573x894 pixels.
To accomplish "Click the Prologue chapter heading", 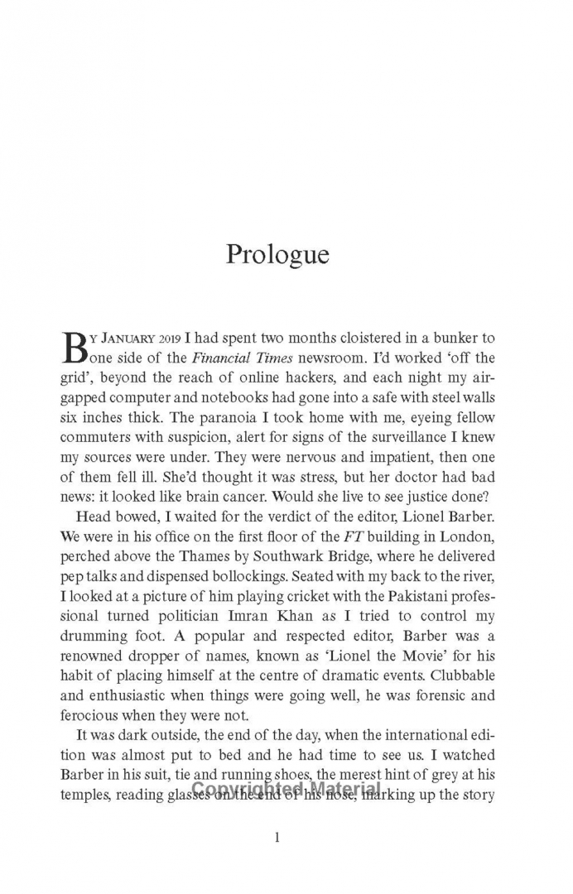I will (x=277, y=254).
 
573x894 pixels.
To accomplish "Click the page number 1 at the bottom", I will (x=277, y=838).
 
